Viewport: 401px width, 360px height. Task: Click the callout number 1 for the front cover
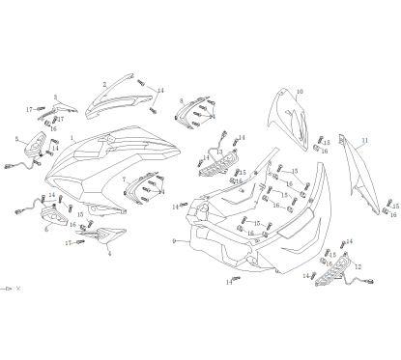pyautogui.click(x=72, y=138)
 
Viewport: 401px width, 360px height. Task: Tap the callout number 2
pyautogui.click(x=103, y=85)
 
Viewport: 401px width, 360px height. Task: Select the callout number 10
pyautogui.click(x=300, y=92)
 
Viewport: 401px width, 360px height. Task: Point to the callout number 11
pyautogui.click(x=365, y=140)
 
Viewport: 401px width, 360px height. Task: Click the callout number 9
pyautogui.click(x=173, y=241)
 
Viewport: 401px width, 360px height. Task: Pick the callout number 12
pyautogui.click(x=358, y=267)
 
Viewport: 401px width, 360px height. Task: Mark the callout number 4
pyautogui.click(x=109, y=253)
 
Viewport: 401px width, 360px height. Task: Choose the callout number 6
pyautogui.click(x=45, y=230)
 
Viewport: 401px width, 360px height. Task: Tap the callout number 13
pyautogui.click(x=220, y=152)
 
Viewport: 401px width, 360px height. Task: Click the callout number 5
pyautogui.click(x=16, y=139)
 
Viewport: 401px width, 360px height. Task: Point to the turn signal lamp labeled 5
pyautogui.click(x=35, y=147)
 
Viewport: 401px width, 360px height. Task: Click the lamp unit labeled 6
pyautogui.click(x=55, y=220)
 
